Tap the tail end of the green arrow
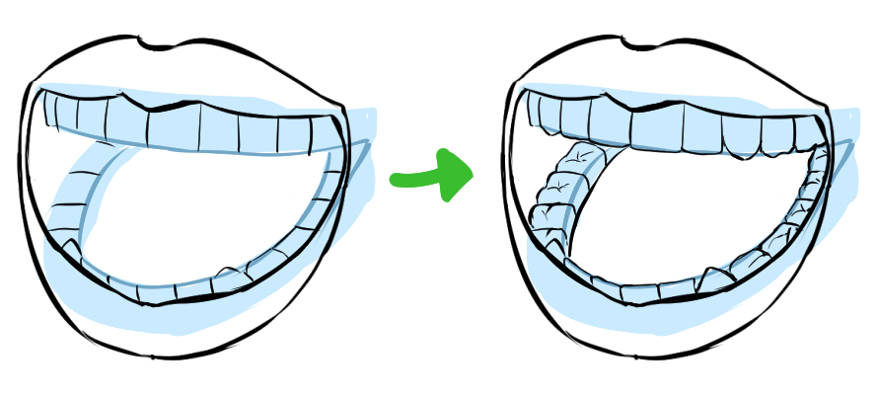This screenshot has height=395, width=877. [398, 179]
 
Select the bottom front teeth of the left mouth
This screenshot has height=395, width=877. [158, 289]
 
